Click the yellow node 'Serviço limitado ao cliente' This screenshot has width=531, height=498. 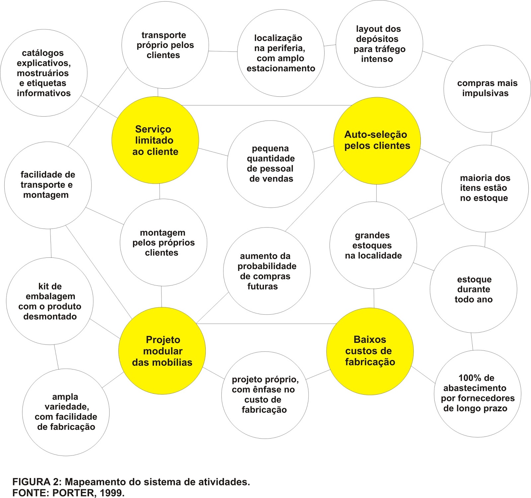(x=155, y=140)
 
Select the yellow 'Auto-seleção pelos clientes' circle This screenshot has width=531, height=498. (x=377, y=141)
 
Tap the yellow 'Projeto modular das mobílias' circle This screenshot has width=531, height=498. (x=162, y=351)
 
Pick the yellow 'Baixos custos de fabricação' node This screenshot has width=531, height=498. (x=370, y=351)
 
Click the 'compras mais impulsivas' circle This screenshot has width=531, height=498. (x=487, y=88)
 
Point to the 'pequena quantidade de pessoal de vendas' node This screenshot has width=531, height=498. (x=270, y=164)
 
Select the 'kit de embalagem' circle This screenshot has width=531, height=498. (x=50, y=301)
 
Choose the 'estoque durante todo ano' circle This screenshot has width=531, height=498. (x=473, y=289)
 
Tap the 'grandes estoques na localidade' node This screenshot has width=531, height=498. (x=373, y=245)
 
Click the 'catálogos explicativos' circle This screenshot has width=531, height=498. (x=44, y=73)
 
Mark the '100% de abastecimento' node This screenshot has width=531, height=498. (x=477, y=393)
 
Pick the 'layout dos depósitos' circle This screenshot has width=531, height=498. (x=379, y=44)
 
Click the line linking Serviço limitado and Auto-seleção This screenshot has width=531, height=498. (x=265, y=106)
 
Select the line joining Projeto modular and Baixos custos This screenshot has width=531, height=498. (x=265, y=324)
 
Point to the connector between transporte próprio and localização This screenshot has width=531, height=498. (x=223, y=51)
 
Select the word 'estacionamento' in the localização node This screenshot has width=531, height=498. (x=281, y=68)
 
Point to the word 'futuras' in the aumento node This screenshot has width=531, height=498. (x=263, y=286)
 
